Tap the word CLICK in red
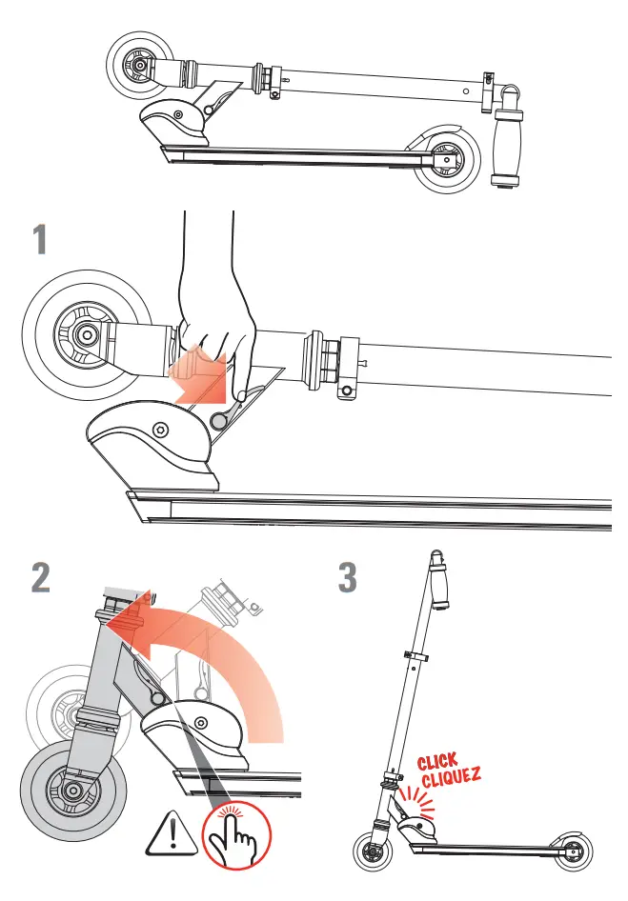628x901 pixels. click(437, 764)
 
